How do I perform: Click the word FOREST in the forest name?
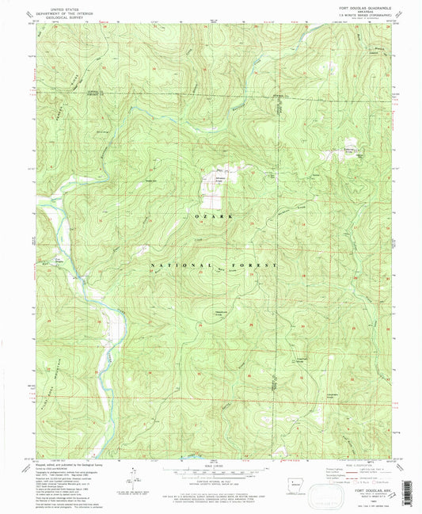(257, 265)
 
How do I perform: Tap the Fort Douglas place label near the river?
(59, 257)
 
